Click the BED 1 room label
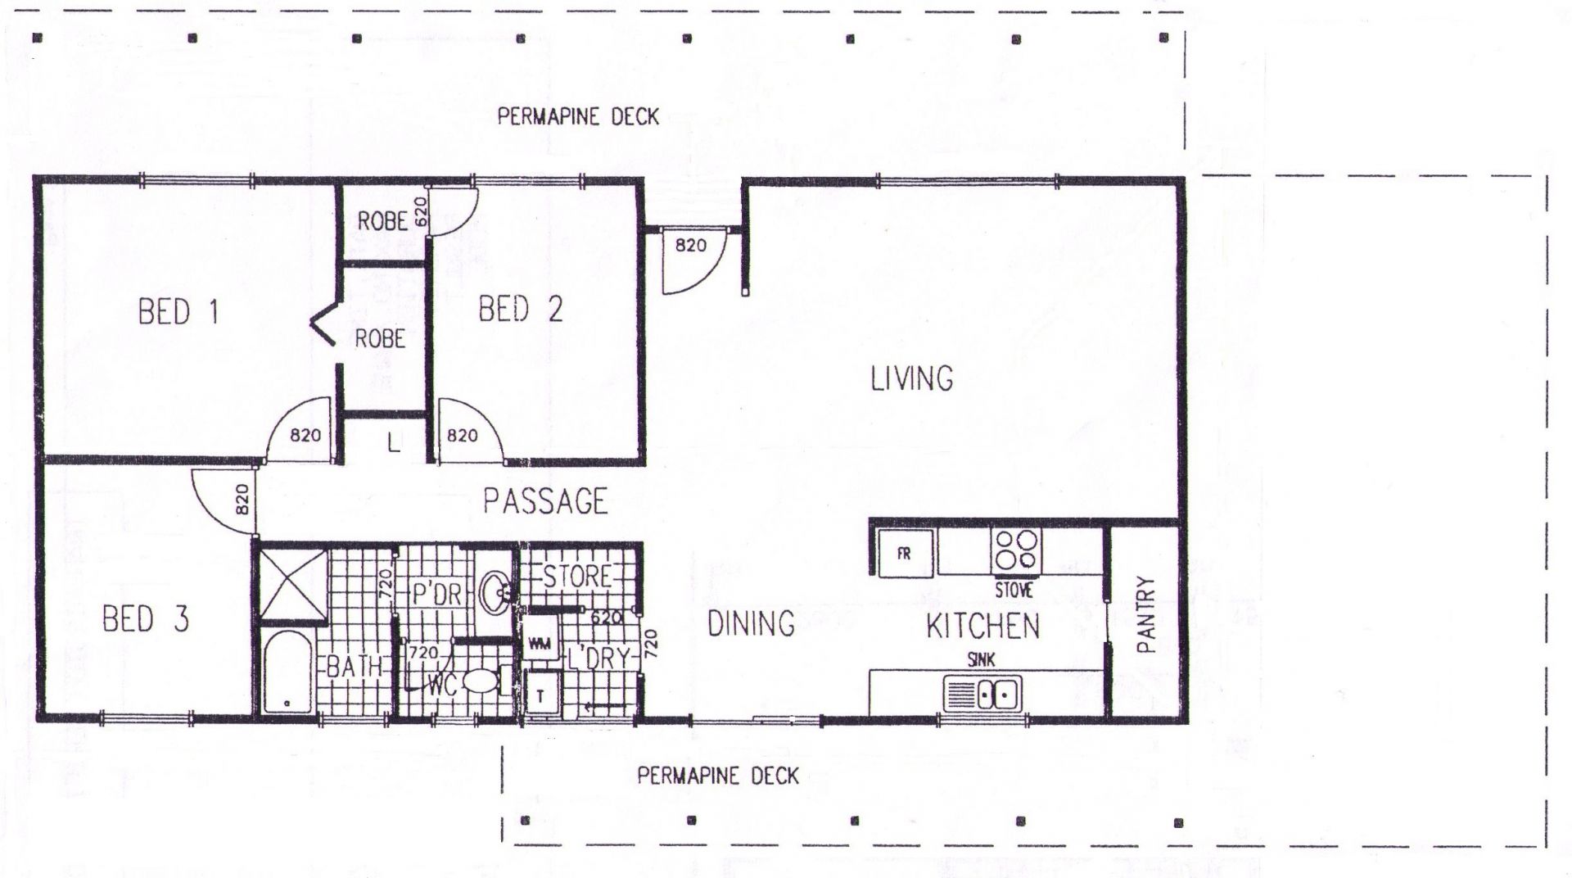[x=178, y=312]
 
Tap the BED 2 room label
[x=521, y=310]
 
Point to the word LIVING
[x=911, y=378]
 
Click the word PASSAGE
[x=545, y=500]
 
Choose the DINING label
[x=751, y=624]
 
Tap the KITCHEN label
[x=982, y=627]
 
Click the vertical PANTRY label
[x=1146, y=614]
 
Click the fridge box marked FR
[x=905, y=554]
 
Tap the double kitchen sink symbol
[x=982, y=695]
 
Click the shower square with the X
[x=293, y=583]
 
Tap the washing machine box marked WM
[x=540, y=643]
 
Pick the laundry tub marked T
[x=540, y=696]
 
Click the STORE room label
[x=578, y=576]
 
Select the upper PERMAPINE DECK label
[x=578, y=117]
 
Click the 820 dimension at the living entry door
[x=690, y=244]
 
